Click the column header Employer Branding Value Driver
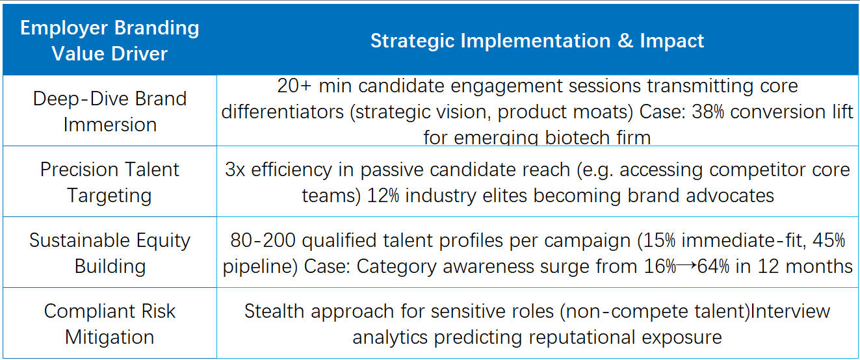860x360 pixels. (x=110, y=40)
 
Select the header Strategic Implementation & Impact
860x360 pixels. (x=537, y=41)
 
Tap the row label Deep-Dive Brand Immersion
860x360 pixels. (x=110, y=111)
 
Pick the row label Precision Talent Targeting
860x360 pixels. (x=110, y=182)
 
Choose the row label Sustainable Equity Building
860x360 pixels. (x=110, y=253)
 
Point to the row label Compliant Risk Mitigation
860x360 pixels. (x=110, y=324)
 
